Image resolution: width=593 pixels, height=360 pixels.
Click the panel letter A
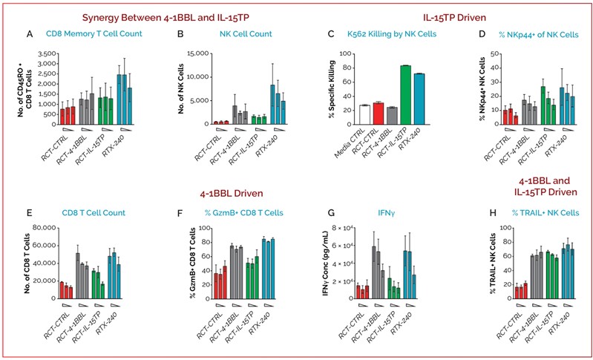(x=29, y=34)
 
